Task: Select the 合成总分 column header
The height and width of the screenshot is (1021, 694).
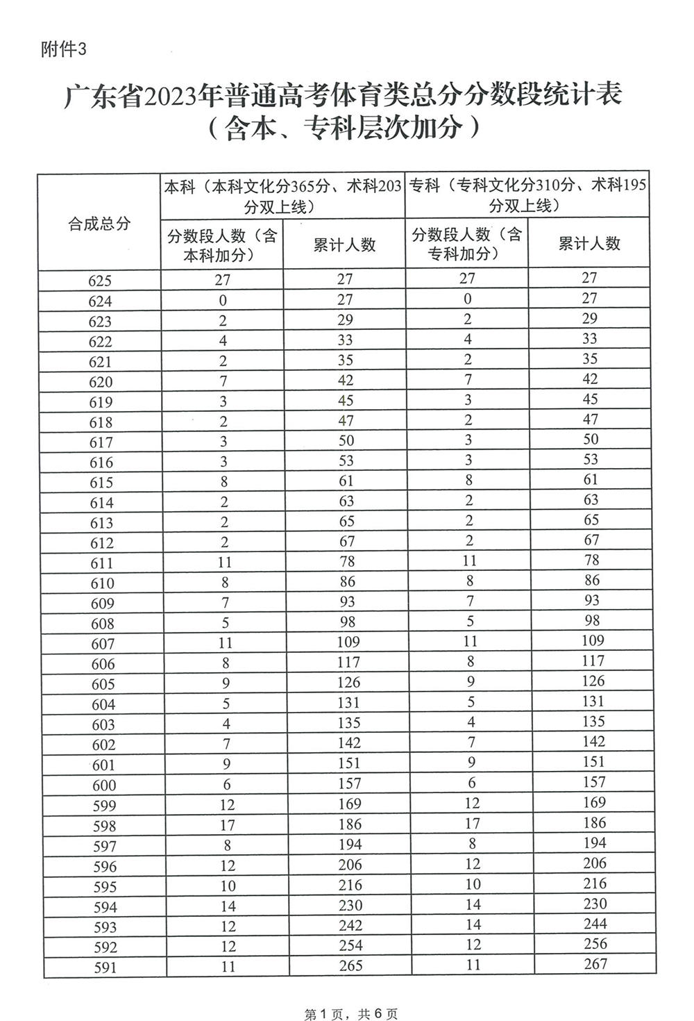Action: coord(99,224)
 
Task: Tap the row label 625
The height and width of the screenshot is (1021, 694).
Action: coord(100,281)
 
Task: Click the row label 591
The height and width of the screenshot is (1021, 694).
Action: coord(104,968)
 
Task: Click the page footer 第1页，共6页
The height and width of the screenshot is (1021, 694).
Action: coord(351,1014)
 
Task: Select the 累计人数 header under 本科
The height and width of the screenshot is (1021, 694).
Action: coord(344,244)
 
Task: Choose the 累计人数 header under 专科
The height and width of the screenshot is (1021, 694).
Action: coord(589,243)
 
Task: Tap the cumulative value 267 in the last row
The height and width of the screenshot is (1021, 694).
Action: coord(595,963)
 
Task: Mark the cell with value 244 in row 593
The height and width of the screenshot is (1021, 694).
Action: coord(595,923)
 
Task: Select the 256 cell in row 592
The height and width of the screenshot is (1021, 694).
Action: coord(595,943)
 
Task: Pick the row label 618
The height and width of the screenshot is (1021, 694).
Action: coord(101,422)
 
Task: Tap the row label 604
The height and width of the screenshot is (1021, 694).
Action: coord(103,704)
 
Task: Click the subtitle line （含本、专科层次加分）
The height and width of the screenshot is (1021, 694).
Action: coord(344,128)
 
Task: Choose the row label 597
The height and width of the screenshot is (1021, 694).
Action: coord(103,846)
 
